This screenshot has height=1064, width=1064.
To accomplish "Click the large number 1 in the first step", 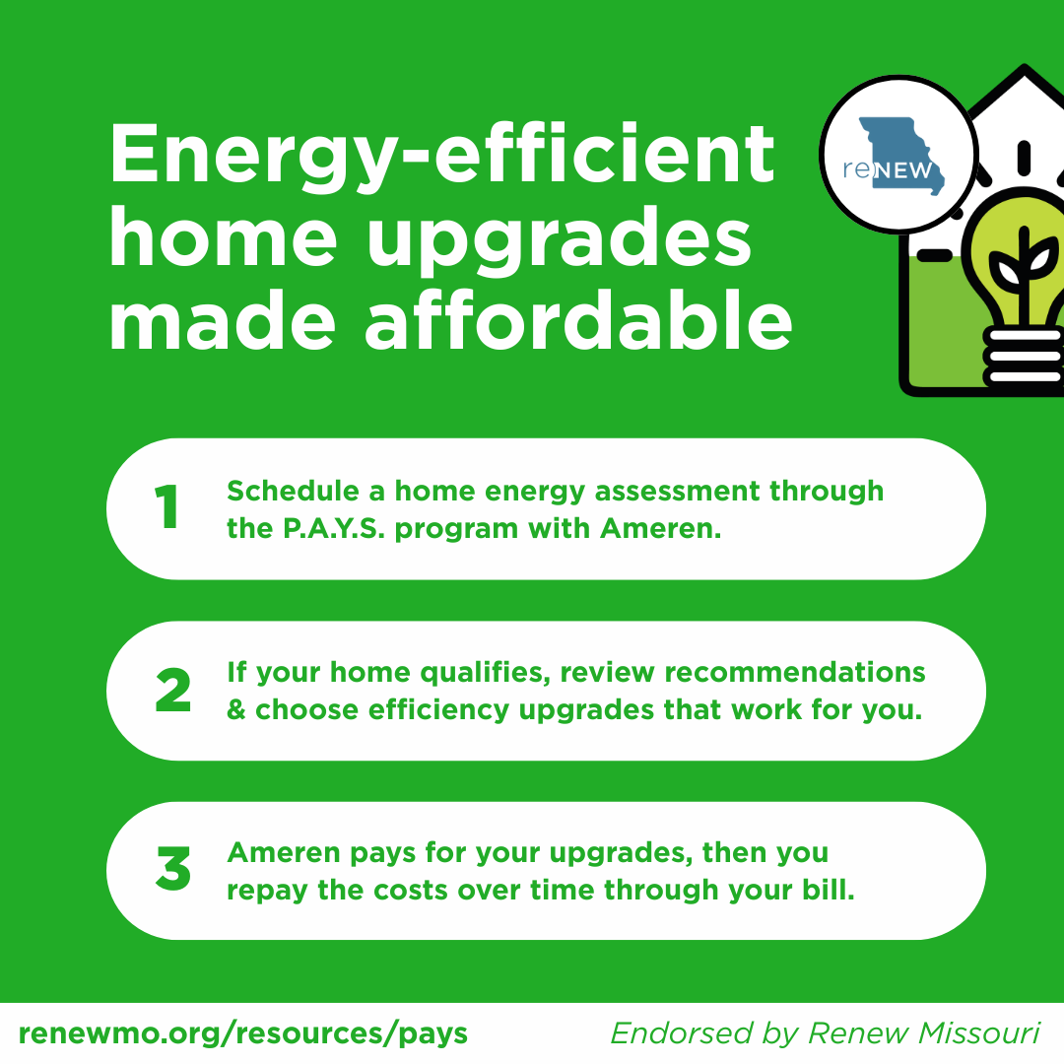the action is [166, 507].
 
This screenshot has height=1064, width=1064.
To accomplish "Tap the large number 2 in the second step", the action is [173, 690].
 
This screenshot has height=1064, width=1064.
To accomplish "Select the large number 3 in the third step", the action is [173, 868].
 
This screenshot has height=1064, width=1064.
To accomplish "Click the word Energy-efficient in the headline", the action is [441, 156].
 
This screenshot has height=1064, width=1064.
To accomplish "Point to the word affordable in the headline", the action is [579, 320].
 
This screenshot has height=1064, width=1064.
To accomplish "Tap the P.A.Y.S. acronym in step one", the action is [334, 529].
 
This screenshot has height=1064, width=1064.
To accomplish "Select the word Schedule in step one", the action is [294, 491].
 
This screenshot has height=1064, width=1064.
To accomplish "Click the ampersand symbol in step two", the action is [236, 709].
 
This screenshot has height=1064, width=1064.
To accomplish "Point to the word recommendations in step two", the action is [795, 673].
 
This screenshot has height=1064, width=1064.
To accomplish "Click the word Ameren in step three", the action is [284, 853].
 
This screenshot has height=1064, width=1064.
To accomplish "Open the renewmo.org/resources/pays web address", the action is [243, 1033].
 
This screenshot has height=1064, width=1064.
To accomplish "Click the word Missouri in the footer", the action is [978, 1033].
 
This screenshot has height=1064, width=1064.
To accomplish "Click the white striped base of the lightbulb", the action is [1025, 357].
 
